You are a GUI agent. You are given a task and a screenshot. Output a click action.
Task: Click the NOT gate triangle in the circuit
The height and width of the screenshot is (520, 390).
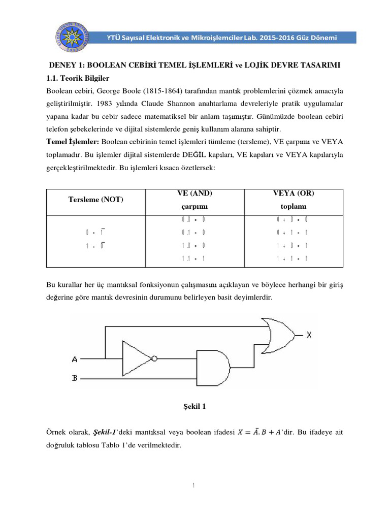136,359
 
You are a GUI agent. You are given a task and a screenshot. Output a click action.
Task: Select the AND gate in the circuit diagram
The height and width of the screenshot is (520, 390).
211,370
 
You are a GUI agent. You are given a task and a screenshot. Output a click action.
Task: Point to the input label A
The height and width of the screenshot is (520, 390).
75,359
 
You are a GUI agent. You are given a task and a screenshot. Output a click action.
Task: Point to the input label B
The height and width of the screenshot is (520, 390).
75,378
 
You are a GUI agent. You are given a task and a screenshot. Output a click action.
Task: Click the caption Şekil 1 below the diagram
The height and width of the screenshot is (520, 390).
194,407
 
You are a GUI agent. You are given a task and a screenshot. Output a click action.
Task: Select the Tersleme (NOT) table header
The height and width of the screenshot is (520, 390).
95,200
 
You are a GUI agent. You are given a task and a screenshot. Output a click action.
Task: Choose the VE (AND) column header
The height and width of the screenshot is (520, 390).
194,193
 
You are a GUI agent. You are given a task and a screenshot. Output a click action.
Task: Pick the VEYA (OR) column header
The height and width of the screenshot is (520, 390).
293,193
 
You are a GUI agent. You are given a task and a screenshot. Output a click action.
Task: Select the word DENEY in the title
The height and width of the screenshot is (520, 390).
62,67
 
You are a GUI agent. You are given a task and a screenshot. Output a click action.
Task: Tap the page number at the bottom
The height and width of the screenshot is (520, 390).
194,486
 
